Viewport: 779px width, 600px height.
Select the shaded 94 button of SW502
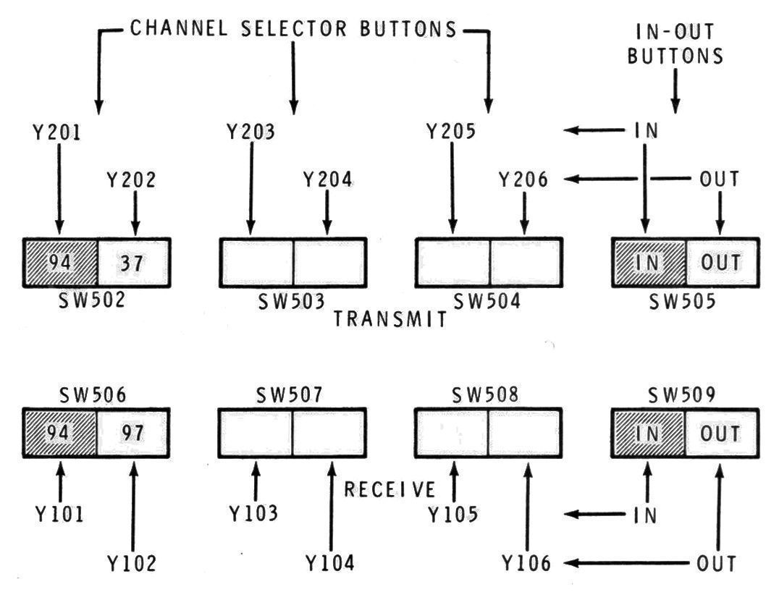click(x=61, y=261)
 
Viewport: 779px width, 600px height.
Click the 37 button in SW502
click(x=134, y=261)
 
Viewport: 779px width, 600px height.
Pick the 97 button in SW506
click(x=134, y=433)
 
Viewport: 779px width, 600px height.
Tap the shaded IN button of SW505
click(x=649, y=261)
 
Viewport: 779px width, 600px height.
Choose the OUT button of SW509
click(x=721, y=433)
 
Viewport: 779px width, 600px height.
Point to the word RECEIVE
click(x=390, y=490)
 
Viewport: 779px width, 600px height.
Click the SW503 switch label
click(x=292, y=300)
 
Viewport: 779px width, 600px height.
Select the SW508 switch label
click(x=487, y=396)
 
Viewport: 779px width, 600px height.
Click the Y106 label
click(x=526, y=563)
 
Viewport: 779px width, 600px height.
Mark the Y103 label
click(x=253, y=513)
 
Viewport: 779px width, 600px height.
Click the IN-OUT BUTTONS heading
click(x=675, y=44)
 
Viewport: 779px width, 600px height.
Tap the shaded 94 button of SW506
click(x=61, y=433)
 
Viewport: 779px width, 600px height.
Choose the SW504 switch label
click(x=487, y=300)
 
